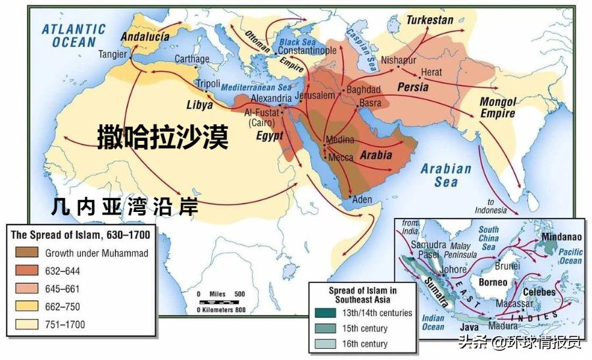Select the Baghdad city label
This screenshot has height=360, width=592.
pyautogui.click(x=363, y=90)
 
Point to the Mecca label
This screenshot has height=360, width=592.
pyautogui.click(x=341, y=157)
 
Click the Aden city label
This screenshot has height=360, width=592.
pyautogui.click(x=362, y=199)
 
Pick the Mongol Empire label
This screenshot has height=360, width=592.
pyautogui.click(x=497, y=107)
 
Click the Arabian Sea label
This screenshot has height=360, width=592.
pyautogui.click(x=446, y=174)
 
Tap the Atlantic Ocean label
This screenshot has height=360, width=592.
pyautogui.click(x=74, y=36)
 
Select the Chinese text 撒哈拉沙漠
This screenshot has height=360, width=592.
pyautogui.click(x=162, y=138)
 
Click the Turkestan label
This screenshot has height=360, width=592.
pyautogui.click(x=430, y=20)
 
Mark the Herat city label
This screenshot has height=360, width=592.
pyautogui.click(x=432, y=72)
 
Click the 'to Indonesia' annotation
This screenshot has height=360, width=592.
pyautogui.click(x=490, y=206)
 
